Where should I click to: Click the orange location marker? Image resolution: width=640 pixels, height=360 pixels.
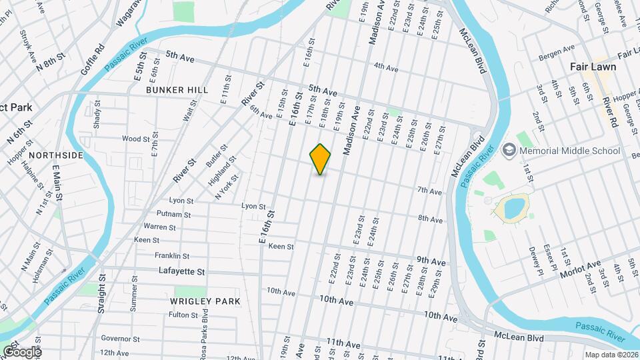click(x=321, y=159)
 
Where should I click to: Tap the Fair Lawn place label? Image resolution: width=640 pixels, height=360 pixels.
click(x=593, y=67)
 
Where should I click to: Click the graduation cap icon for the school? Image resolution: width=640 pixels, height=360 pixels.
click(x=510, y=150)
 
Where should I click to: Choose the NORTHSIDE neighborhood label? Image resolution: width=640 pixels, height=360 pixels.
click(x=56, y=155)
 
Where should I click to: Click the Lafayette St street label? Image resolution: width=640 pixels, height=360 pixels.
click(x=181, y=271)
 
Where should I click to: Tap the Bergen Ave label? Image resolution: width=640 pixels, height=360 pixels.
click(x=559, y=49)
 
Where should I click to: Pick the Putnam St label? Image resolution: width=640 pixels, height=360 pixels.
click(x=173, y=215)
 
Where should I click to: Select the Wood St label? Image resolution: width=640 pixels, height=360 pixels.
click(x=135, y=139)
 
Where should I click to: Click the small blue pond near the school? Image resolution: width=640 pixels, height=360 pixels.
click(x=514, y=208)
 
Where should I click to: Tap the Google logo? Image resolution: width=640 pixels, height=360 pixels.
click(x=21, y=351)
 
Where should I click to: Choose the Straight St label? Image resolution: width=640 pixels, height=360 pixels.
click(x=102, y=294)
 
